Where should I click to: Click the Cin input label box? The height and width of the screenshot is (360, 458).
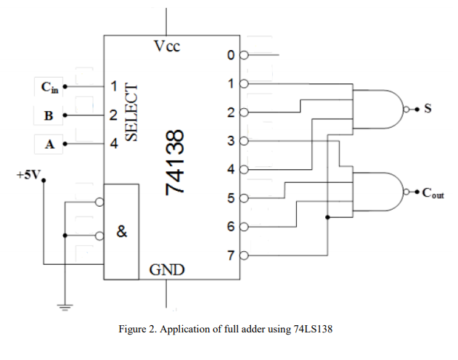coord(48,88)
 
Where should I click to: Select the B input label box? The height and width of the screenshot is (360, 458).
coord(48,115)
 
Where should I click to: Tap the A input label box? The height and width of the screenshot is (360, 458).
coord(48,144)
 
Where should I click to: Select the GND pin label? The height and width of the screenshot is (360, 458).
coord(166,271)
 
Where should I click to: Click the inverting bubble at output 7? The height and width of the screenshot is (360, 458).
coord(243,255)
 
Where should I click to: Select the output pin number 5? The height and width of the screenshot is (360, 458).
coord(230,198)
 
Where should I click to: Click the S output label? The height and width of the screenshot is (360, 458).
coord(428,110)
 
